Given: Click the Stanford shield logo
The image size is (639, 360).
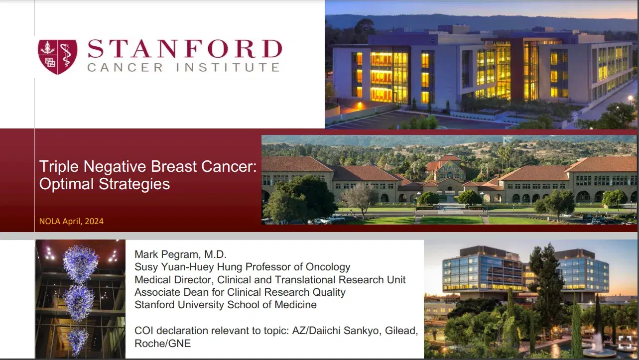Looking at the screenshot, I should point(58,57).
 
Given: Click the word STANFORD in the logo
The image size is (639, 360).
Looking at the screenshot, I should point(185,49).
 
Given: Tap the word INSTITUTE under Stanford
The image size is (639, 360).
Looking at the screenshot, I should point(234,67).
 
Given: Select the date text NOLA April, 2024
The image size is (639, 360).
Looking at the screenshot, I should point(71,221).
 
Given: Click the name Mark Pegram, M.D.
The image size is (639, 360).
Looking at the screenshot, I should point(180,254).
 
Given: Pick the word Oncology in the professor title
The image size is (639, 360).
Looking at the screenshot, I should point(325,267).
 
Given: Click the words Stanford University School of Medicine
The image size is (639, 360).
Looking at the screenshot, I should point(226,305).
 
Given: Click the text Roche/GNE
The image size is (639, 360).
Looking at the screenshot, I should point(162,343).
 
